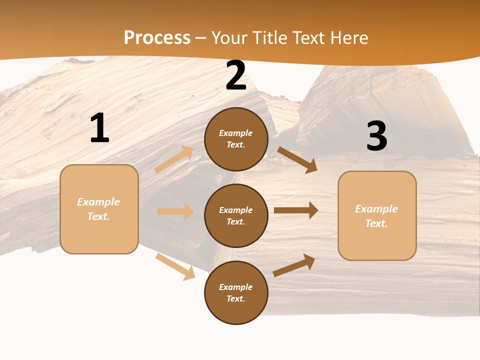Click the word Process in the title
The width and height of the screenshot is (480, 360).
click(157, 37)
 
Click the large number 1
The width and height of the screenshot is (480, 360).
click(99, 128)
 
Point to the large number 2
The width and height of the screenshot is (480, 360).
click(236, 76)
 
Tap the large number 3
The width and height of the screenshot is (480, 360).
click(376, 136)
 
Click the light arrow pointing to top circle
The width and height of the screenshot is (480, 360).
click(174, 159)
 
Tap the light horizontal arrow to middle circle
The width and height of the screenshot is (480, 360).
click(175, 211)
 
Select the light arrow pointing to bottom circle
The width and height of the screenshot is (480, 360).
click(175, 266)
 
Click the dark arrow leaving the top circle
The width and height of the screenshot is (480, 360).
click(297, 160)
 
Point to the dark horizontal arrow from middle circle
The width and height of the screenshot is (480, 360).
click(296, 210)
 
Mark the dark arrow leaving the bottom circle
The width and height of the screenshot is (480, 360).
click(294, 265)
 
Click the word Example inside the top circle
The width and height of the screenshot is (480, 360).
click(236, 133)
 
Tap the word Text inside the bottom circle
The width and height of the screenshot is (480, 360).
click(235, 298)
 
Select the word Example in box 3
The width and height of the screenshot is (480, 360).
click(376, 209)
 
